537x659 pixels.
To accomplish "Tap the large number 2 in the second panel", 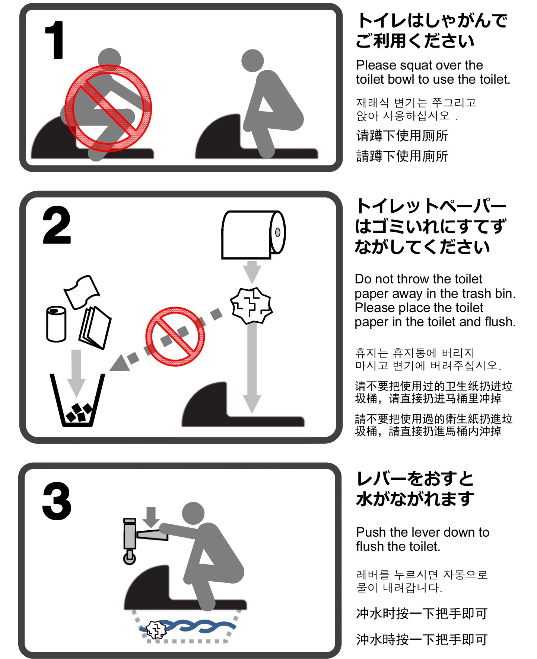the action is [57, 225].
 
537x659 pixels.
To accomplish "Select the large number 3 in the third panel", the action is [57, 501].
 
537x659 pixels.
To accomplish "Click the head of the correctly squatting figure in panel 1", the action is [252, 61].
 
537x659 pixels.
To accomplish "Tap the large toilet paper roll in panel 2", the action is [254, 235].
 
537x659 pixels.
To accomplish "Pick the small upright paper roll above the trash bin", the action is [56, 324].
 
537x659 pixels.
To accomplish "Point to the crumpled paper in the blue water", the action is [156, 630].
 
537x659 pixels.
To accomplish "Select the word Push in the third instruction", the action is [371, 532].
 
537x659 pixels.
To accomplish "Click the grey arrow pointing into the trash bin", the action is [76, 373].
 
